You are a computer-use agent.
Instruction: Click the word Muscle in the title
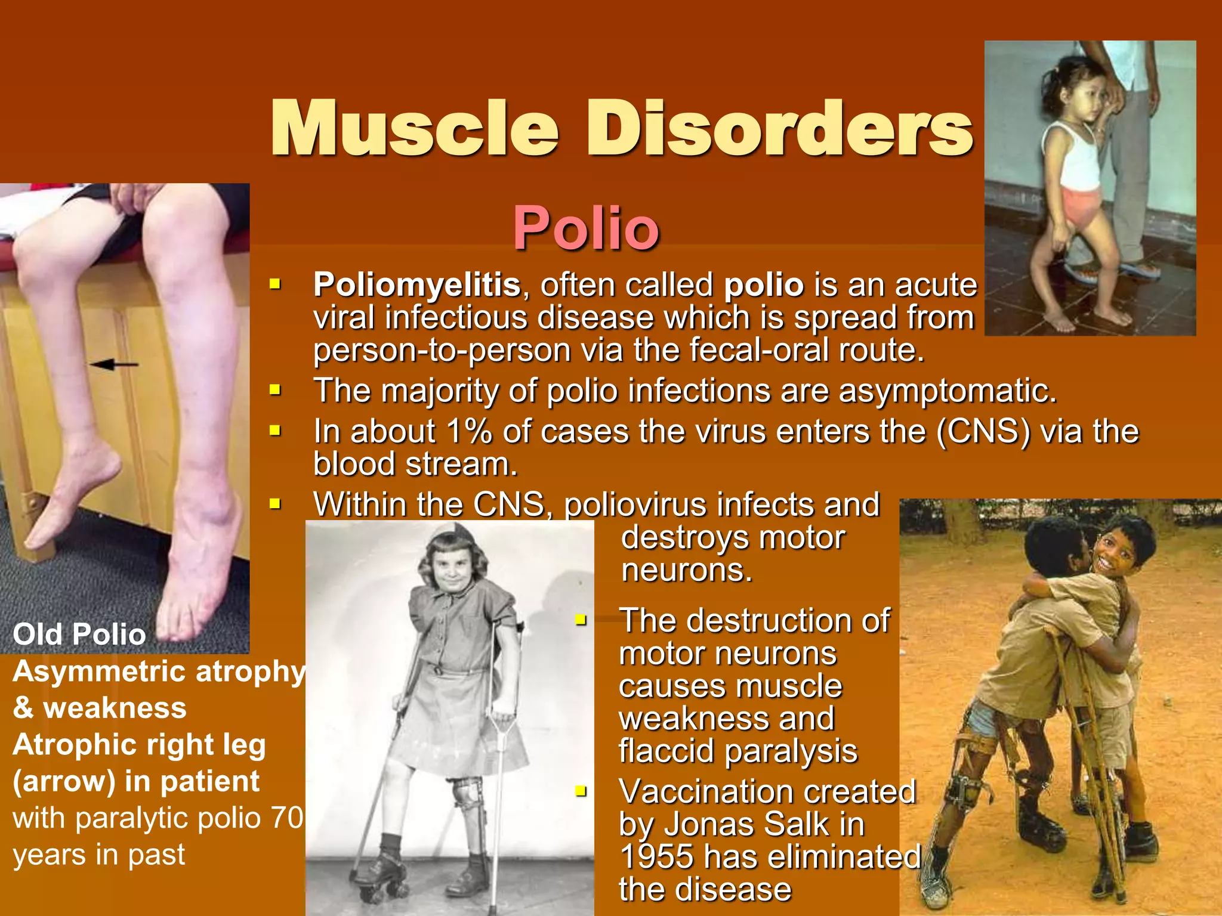(414, 128)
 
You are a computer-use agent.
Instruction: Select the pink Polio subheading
(586, 228)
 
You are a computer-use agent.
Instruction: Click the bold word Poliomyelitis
(417, 285)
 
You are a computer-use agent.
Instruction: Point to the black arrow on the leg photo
(114, 364)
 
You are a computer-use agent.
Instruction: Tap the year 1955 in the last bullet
(656, 857)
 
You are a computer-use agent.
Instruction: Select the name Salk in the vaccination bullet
(796, 825)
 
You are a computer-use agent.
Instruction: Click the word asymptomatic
(948, 392)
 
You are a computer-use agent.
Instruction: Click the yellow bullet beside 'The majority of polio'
(275, 391)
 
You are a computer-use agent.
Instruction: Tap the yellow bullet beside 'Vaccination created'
(581, 791)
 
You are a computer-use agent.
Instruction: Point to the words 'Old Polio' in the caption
(79, 634)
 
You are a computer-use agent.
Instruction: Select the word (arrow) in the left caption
(64, 781)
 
